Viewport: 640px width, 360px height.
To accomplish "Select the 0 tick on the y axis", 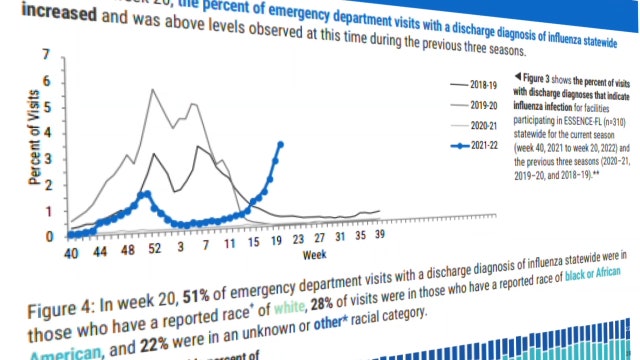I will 47,237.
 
